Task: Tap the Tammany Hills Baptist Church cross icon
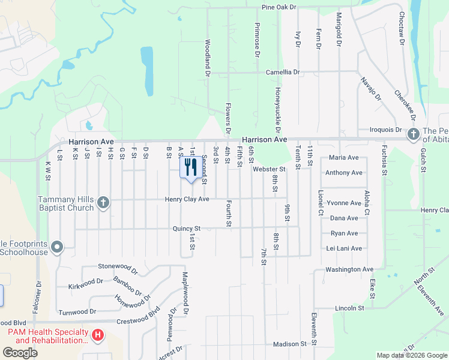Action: [x=103, y=202]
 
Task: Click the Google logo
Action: [x=20, y=353]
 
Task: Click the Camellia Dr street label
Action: [x=283, y=72]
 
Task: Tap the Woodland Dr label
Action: [x=208, y=58]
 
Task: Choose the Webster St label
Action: [x=268, y=169]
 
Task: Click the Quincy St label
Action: [x=186, y=228]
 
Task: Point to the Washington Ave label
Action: [x=349, y=269]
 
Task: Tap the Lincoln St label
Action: [x=349, y=308]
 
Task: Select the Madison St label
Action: [x=290, y=344]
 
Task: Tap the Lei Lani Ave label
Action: [x=344, y=248]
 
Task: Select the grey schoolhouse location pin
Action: [x=57, y=247]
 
